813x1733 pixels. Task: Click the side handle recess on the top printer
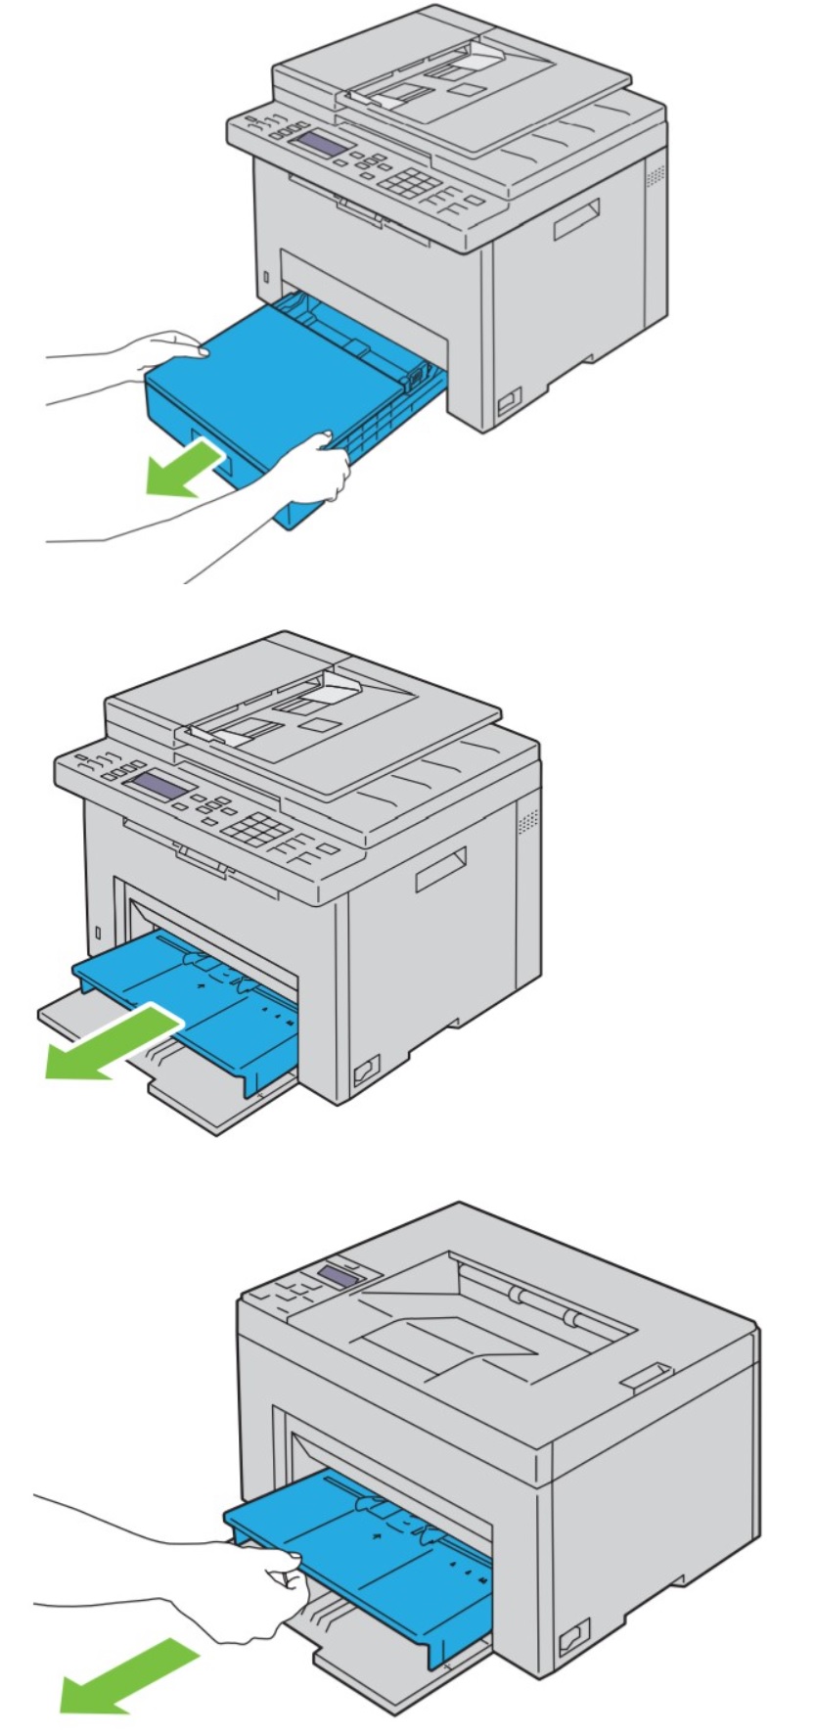pos(577,219)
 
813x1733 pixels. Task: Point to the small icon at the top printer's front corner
pos(508,400)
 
